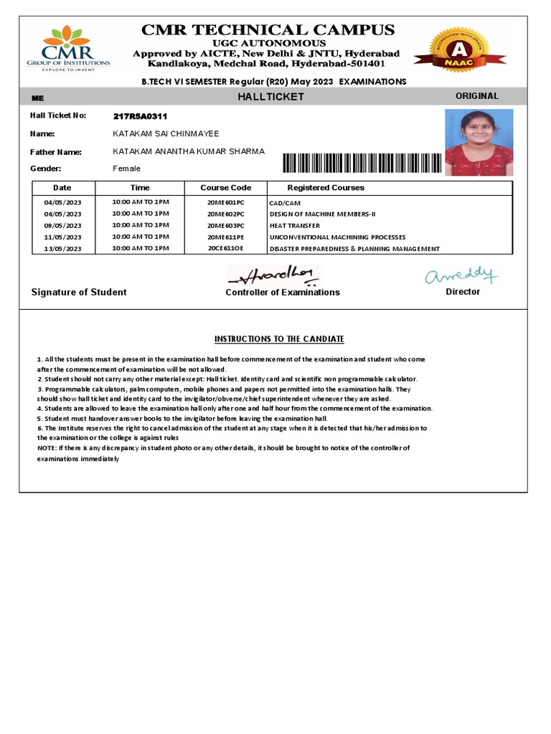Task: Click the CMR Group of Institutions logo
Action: pyautogui.click(x=68, y=48)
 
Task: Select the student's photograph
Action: pyautogui.click(x=479, y=142)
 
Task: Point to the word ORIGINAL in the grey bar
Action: pyautogui.click(x=477, y=96)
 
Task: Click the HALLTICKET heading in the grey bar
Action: pyautogui.click(x=270, y=97)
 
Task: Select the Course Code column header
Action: pyautogui.click(x=225, y=188)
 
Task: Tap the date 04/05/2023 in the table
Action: pyautogui.click(x=63, y=203)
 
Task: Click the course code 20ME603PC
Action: pyautogui.click(x=225, y=226)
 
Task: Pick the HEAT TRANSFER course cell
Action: pyautogui.click(x=294, y=226)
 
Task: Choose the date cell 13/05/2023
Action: pyautogui.click(x=63, y=249)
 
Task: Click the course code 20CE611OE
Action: pyautogui.click(x=225, y=249)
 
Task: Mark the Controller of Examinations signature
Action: pyautogui.click(x=271, y=275)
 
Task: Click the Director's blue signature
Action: pyautogui.click(x=461, y=275)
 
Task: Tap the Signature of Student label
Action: pyautogui.click(x=79, y=292)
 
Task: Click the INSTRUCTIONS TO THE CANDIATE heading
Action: pyautogui.click(x=279, y=339)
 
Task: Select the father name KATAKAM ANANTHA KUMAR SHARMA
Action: pyautogui.click(x=189, y=151)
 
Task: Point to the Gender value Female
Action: pyautogui.click(x=127, y=168)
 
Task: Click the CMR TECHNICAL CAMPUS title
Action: pyautogui.click(x=268, y=30)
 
